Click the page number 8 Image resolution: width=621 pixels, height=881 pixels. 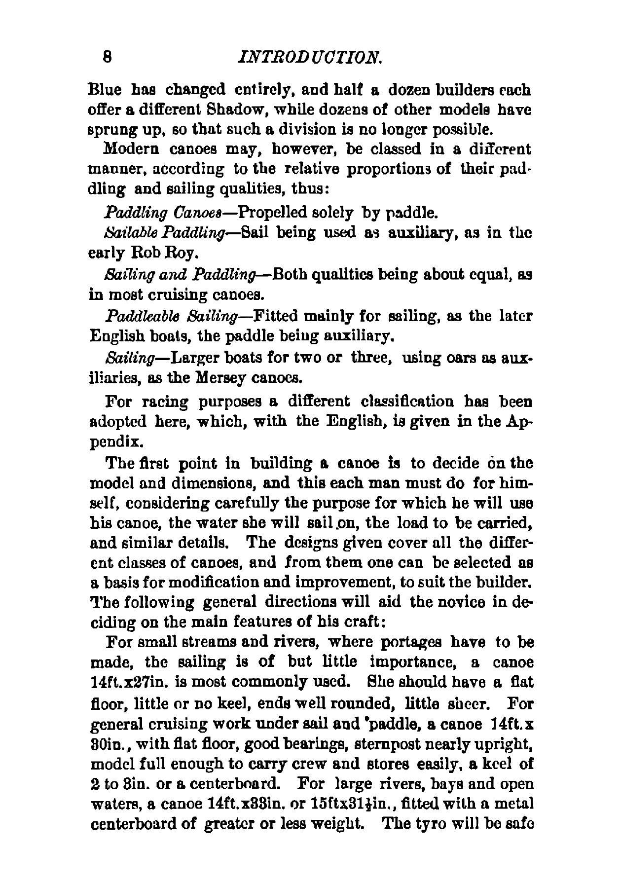tap(107, 57)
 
